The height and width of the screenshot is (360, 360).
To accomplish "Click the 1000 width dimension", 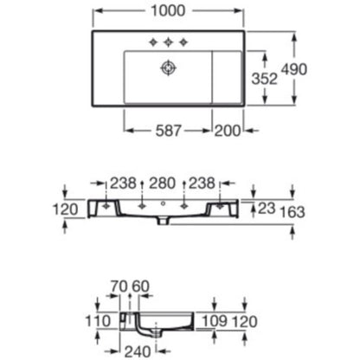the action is click(x=168, y=11).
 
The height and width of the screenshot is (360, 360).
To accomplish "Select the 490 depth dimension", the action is click(x=294, y=69).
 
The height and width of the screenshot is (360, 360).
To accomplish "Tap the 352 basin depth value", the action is click(x=264, y=79).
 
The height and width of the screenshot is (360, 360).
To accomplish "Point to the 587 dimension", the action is click(x=169, y=131).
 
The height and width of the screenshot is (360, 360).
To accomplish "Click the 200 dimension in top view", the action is click(x=228, y=131).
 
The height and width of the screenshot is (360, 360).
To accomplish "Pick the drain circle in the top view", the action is click(x=168, y=68).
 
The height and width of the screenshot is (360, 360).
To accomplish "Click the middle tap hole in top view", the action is click(x=168, y=42).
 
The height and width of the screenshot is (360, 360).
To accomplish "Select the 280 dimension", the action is click(x=162, y=183).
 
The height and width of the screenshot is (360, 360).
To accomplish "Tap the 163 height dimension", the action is click(x=292, y=212).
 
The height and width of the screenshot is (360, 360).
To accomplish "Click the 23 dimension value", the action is click(x=267, y=209).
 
